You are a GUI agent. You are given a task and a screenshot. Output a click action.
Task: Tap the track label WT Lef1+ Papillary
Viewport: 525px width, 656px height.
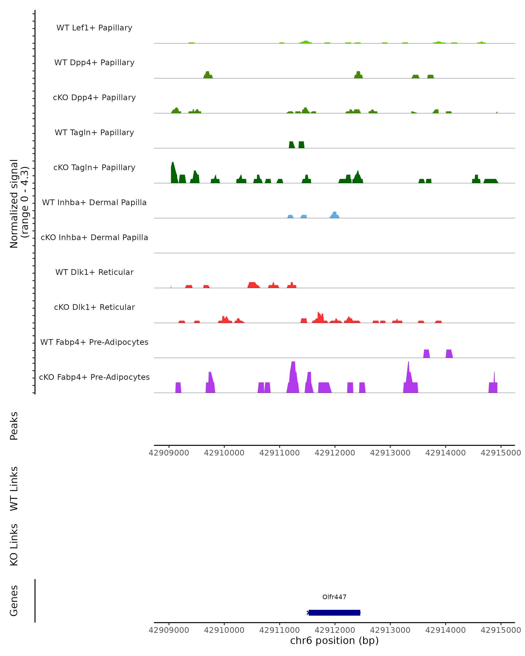coord(94,28)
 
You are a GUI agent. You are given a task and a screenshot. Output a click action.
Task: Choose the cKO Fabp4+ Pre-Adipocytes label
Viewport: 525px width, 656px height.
coord(94,377)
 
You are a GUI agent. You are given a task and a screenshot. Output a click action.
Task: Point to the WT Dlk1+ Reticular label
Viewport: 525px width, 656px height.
coord(94,272)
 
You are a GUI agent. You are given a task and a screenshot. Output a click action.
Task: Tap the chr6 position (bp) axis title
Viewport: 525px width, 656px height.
coord(334,640)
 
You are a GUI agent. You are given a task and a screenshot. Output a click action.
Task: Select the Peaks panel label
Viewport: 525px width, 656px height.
coord(14,426)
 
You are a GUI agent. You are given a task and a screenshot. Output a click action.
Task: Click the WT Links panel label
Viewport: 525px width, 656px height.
coord(14,488)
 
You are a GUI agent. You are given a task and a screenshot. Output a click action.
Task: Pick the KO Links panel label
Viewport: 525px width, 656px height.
coord(14,545)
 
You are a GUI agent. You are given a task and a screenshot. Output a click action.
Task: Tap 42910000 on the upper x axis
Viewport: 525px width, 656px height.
coord(224,453)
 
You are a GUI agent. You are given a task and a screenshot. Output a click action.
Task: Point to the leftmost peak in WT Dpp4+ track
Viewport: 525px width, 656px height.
coord(208,75)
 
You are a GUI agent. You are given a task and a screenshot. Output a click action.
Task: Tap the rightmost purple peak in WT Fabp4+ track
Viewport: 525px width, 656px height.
coord(449,354)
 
